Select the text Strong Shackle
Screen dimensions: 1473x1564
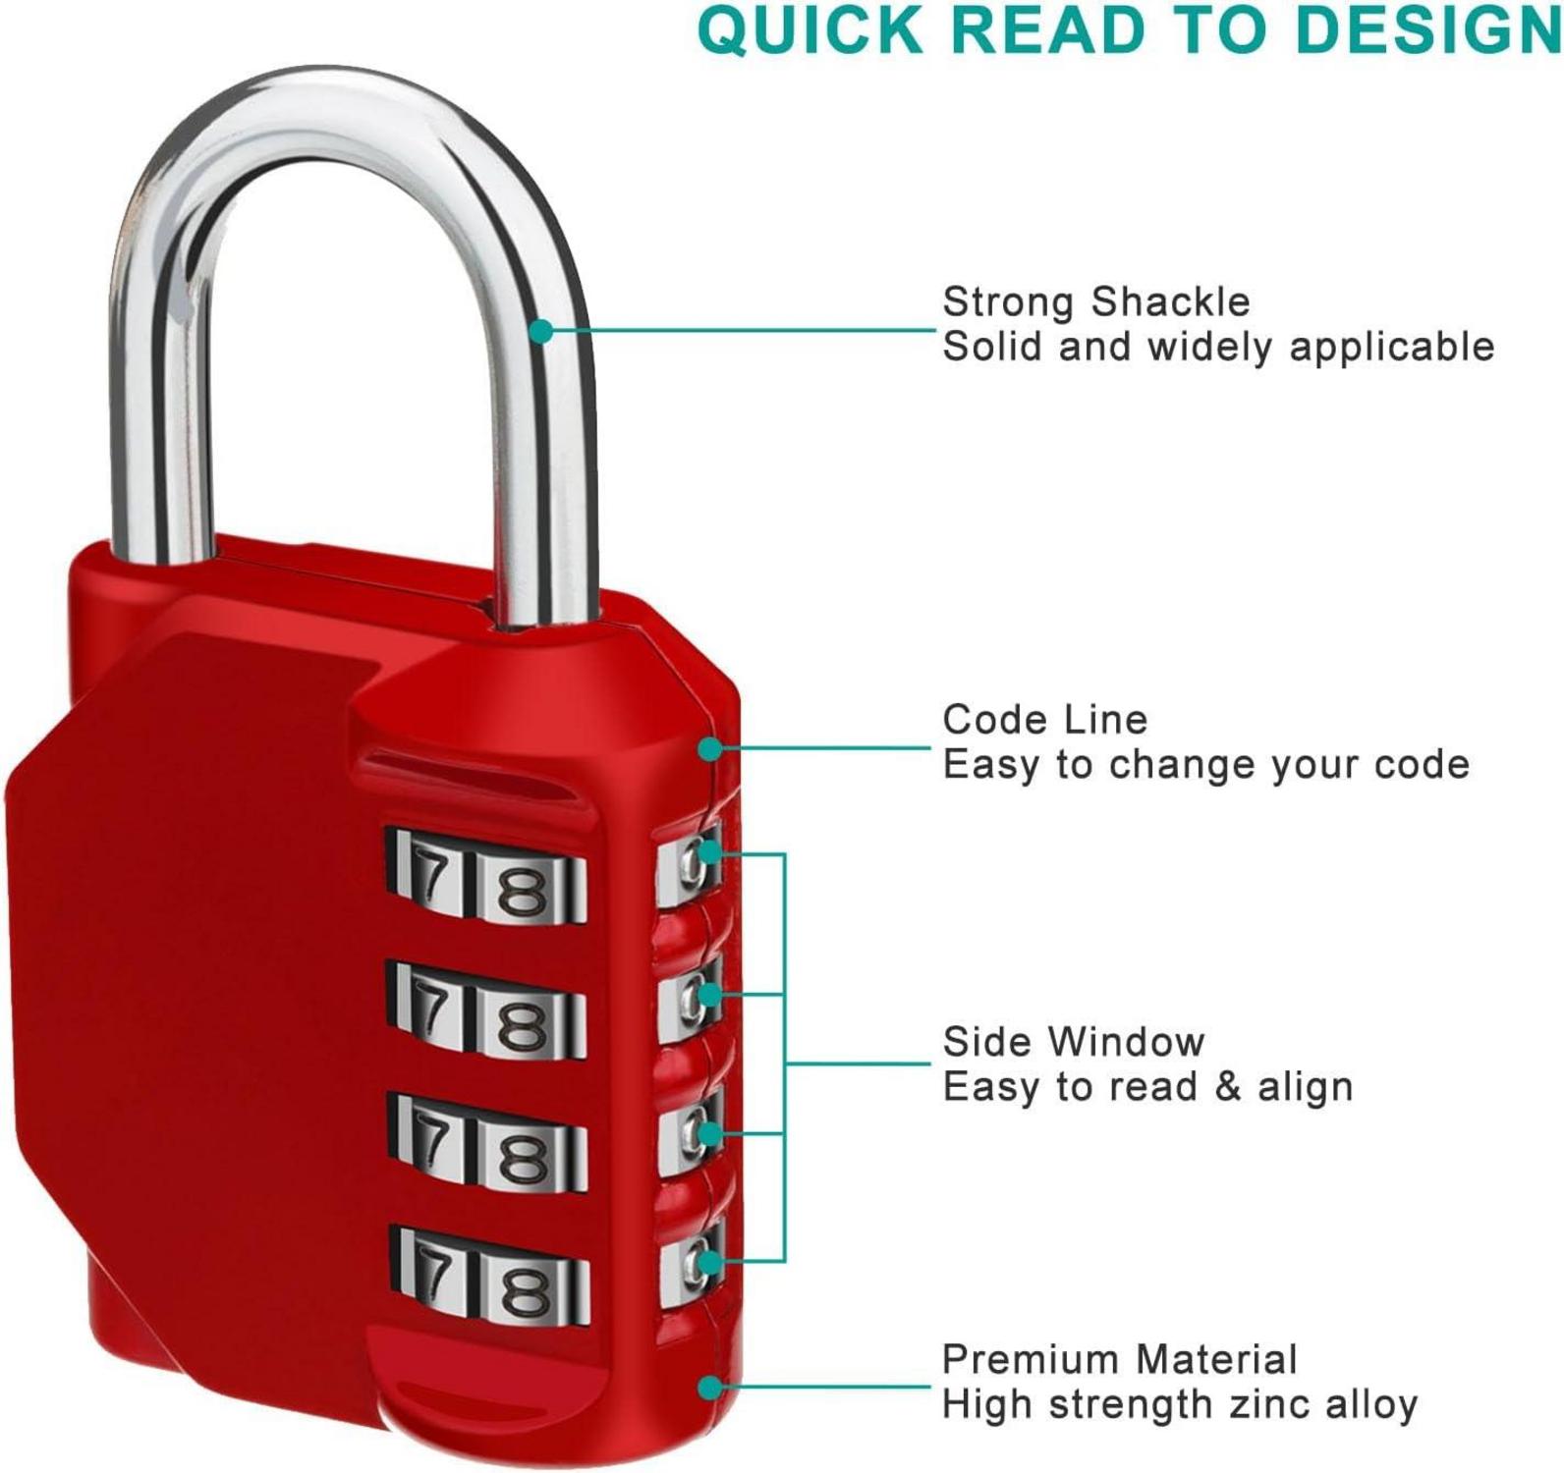pyautogui.click(x=1095, y=301)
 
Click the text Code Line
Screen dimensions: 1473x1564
pyautogui.click(x=1044, y=720)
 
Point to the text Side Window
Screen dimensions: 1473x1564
pyautogui.click(x=1073, y=1042)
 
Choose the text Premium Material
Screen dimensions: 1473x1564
pyautogui.click(x=1119, y=1360)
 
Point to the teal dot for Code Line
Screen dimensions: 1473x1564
pyautogui.click(x=710, y=749)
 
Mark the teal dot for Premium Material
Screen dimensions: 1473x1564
pyautogui.click(x=710, y=1387)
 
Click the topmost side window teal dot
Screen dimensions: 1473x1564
pyautogui.click(x=708, y=853)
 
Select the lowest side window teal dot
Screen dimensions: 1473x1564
pyautogui.click(x=708, y=1260)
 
